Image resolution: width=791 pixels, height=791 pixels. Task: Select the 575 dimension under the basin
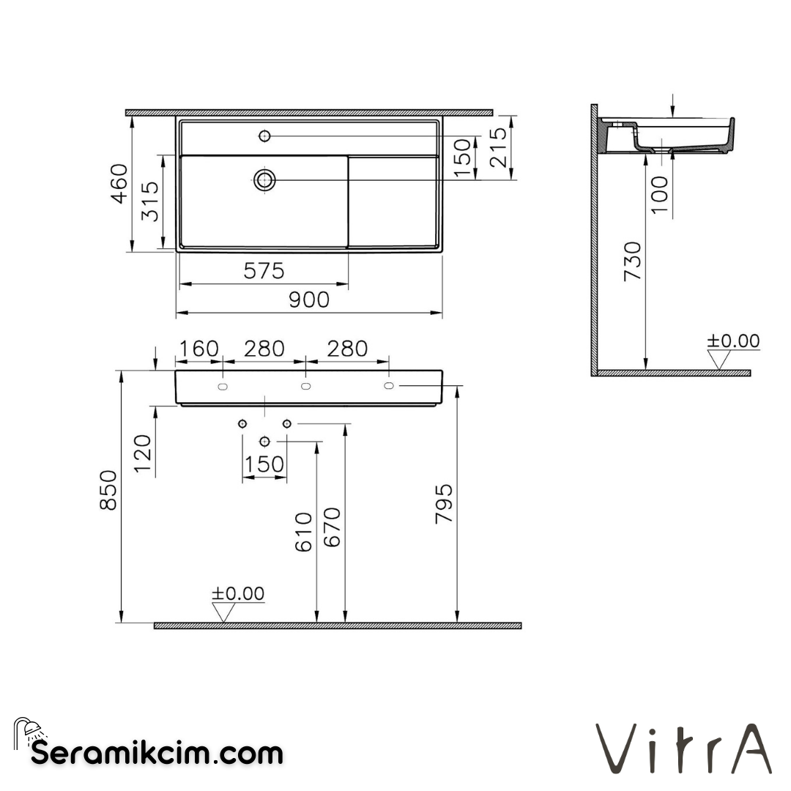tap(263, 271)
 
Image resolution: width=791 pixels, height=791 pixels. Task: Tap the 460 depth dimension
tap(119, 184)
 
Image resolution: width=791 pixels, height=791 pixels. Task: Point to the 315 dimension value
tap(150, 203)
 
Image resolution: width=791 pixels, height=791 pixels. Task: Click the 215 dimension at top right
tap(499, 147)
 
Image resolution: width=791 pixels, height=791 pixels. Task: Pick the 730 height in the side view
tap(632, 261)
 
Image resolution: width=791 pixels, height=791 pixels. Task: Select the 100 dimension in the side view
tap(659, 195)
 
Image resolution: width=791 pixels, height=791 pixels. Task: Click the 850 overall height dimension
tap(108, 490)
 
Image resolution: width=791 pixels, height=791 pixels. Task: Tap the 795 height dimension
tap(444, 503)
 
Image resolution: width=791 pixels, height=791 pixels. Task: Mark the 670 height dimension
tap(332, 527)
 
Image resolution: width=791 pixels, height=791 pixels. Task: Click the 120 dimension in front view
tap(143, 454)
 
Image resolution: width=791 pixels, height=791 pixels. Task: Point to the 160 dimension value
tap(198, 349)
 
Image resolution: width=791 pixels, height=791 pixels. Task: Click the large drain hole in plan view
tap(264, 179)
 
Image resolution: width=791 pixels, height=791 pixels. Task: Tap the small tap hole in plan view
tap(264, 135)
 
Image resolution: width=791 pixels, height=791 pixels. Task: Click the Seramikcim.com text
tap(157, 752)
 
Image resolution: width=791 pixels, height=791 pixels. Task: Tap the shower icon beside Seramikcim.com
tap(29, 731)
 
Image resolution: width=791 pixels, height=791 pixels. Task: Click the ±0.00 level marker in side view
tap(732, 341)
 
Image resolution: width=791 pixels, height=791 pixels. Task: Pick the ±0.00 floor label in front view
tap(238, 593)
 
